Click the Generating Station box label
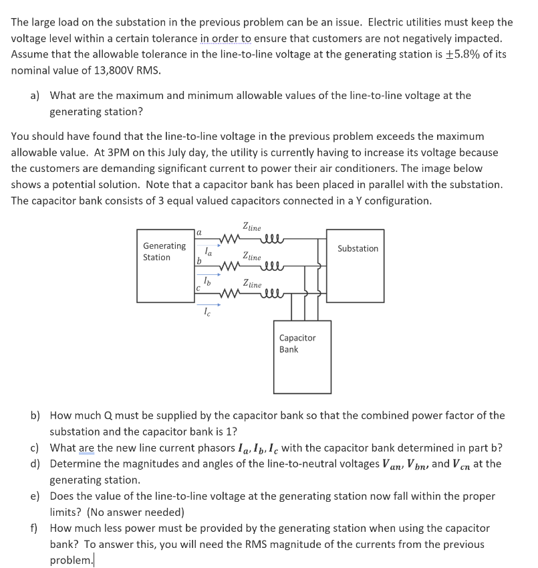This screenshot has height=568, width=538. click(x=164, y=252)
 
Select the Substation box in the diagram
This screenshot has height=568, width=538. click(x=358, y=248)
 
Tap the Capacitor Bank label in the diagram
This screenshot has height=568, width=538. click(x=297, y=343)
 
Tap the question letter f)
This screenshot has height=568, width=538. click(x=35, y=529)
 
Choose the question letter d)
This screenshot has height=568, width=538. click(x=37, y=464)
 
